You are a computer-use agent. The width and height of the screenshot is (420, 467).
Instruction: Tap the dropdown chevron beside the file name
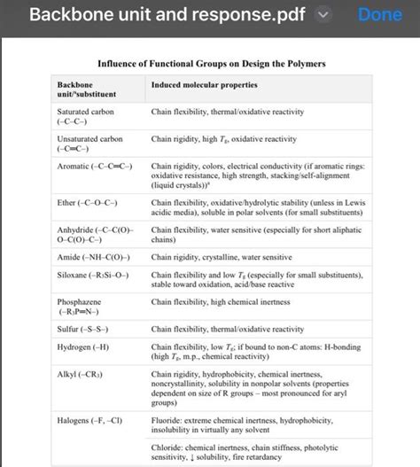click(x=323, y=17)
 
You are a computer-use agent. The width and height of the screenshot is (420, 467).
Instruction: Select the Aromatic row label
click(x=94, y=166)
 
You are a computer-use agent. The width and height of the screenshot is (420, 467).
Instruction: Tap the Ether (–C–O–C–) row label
click(x=91, y=202)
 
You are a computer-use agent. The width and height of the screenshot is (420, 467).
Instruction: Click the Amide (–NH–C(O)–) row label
click(x=95, y=258)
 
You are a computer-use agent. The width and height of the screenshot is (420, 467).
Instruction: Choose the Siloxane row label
click(x=93, y=276)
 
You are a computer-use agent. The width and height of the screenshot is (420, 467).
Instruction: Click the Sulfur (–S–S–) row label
click(x=87, y=330)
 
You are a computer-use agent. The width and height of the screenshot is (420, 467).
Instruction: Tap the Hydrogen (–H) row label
click(x=86, y=347)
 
